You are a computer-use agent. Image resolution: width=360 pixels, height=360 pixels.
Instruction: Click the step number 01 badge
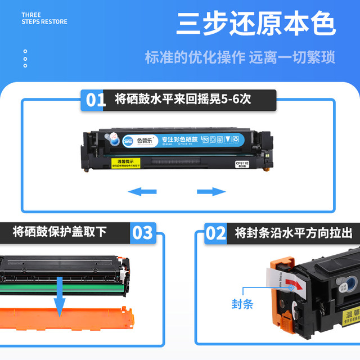tap(96, 100)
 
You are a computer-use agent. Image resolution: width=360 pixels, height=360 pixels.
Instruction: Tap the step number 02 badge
tap(215, 233)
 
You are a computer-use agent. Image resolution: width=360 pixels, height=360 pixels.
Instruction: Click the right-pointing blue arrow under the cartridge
tap(211, 192)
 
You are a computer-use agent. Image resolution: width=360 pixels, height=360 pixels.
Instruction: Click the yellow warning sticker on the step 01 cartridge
tap(127, 164)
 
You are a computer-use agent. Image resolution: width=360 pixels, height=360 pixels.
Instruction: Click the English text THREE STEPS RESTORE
tap(44, 18)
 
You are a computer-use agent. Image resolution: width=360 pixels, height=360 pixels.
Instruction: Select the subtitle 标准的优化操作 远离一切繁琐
tap(240, 57)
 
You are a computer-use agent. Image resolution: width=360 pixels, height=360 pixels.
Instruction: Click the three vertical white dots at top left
tap(25, 58)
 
